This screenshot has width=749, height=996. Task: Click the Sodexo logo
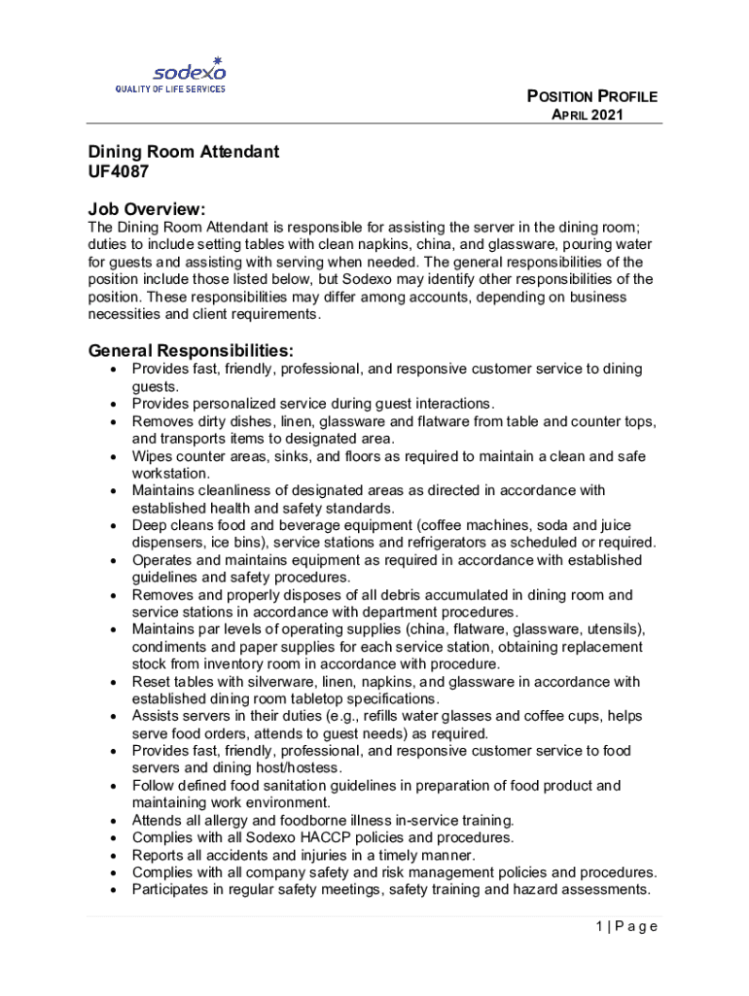[x=189, y=69]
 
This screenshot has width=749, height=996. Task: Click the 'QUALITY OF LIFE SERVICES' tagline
[x=170, y=89]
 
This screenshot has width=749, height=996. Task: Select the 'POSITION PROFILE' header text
[x=591, y=96]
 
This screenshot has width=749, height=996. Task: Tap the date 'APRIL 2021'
[x=588, y=115]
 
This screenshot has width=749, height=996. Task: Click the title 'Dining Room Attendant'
[x=184, y=152]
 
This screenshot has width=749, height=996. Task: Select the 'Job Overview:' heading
[x=147, y=209]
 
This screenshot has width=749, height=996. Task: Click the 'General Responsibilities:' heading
[x=191, y=350]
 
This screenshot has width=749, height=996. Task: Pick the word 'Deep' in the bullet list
[x=150, y=525]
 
